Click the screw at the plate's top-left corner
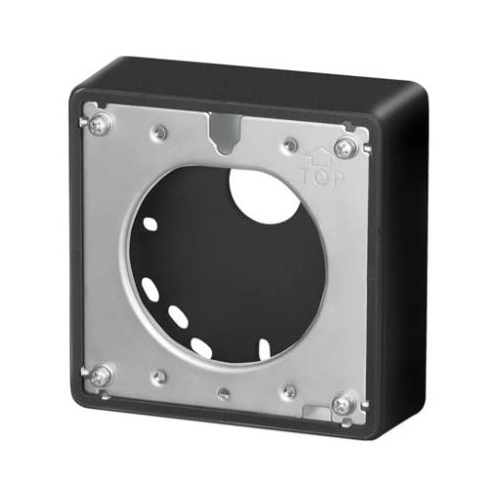coord(98,125)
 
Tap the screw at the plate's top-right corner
coord(343,148)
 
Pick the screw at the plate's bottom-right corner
coord(341,403)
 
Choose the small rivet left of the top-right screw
coord(289,145)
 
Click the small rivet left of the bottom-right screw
coord(289,391)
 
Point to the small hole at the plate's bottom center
coord(223,394)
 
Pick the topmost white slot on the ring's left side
coord(150,223)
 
